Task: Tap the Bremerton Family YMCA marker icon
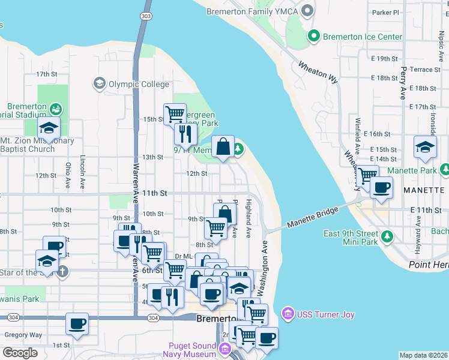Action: [x=308, y=11]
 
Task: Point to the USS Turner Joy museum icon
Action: [x=287, y=314]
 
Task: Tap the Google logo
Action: [x=20, y=353]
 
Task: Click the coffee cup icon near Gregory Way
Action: [x=77, y=324]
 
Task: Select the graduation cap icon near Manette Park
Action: [x=425, y=148]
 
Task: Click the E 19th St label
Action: [x=385, y=58]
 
